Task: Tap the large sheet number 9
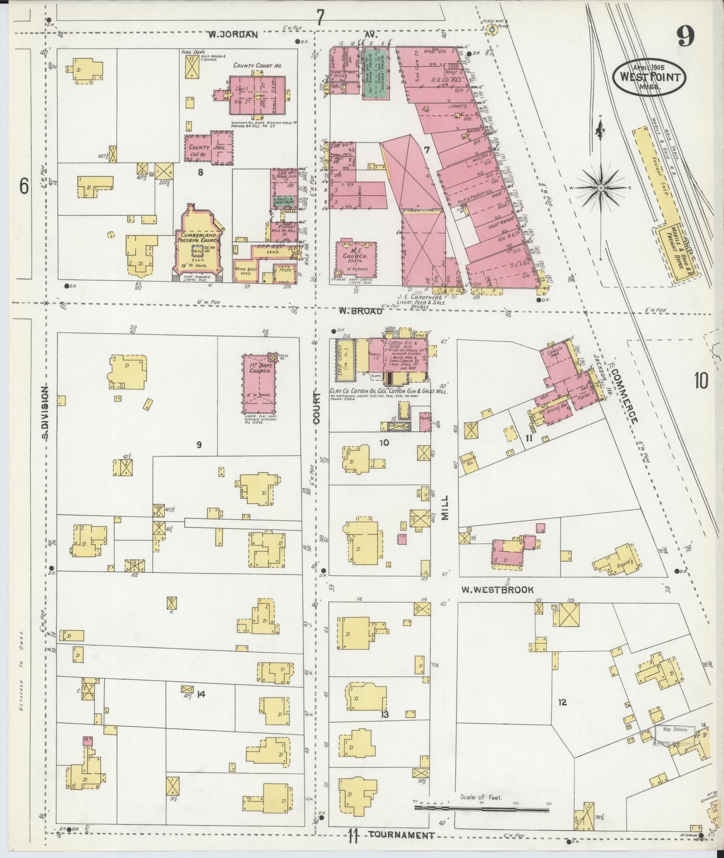coord(685,36)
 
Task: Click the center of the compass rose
coord(600,188)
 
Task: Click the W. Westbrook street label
coord(497,590)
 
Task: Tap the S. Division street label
coord(45,413)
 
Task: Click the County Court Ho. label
coord(258,66)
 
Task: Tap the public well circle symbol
coord(492,30)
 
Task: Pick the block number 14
coord(201,694)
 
